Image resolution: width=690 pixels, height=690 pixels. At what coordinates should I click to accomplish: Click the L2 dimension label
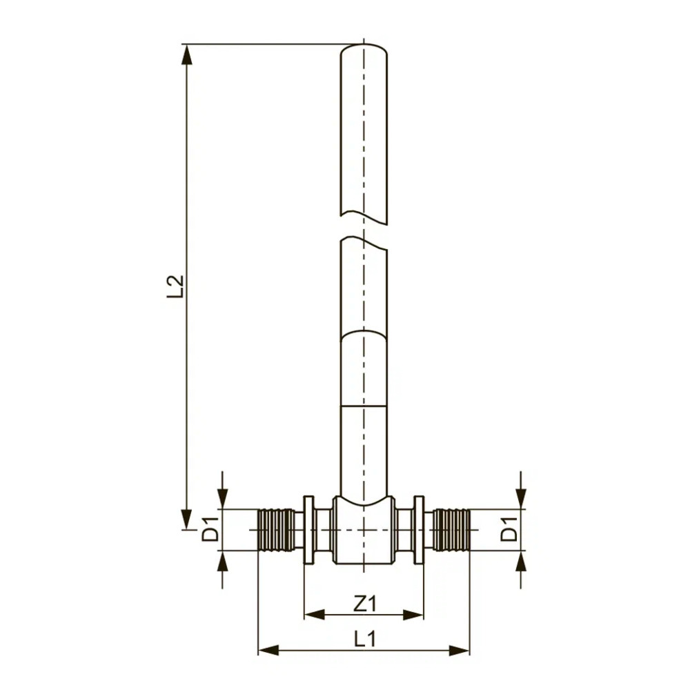click(x=175, y=286)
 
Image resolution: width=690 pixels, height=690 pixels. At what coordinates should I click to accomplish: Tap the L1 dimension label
click(x=365, y=638)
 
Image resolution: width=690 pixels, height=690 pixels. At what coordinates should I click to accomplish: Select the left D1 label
click(x=210, y=529)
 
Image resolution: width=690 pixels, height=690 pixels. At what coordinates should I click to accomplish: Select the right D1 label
click(x=509, y=529)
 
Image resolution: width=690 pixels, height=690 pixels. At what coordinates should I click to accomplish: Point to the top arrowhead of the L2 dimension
click(x=187, y=55)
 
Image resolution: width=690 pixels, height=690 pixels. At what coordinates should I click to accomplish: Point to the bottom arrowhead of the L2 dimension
click(x=187, y=519)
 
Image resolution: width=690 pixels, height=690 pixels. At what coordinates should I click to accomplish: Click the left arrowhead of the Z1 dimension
click(x=314, y=615)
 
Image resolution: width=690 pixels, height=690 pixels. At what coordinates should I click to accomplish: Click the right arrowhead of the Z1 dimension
click(x=413, y=615)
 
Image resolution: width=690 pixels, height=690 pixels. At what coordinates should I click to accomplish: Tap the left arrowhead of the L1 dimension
click(x=268, y=650)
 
